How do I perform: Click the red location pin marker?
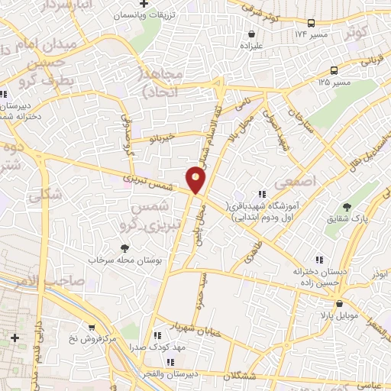[x=196, y=180]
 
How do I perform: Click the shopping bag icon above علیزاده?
[x=251, y=34]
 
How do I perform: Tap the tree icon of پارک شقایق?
[x=348, y=207]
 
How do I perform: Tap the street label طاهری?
[x=251, y=248]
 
